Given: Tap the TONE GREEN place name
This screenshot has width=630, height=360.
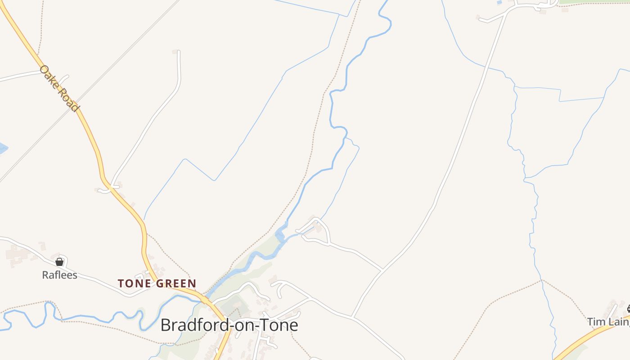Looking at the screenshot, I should pyautogui.click(x=157, y=283).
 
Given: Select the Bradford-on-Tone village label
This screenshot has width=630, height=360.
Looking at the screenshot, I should pyautogui.click(x=229, y=325).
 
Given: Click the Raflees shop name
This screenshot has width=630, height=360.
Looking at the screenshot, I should pyautogui.click(x=59, y=275).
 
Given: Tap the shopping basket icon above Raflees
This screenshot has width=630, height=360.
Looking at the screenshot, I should pyautogui.click(x=59, y=262).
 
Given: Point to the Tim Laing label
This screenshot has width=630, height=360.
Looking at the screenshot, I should pyautogui.click(x=608, y=322).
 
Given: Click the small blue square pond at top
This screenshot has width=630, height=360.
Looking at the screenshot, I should pyautogui.click(x=499, y=3).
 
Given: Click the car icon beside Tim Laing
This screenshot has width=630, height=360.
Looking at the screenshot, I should pyautogui.click(x=628, y=309).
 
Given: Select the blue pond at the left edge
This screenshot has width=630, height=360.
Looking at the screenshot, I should pyautogui.click(x=2, y=148).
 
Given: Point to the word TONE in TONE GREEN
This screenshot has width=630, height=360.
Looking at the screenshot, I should pyautogui.click(x=134, y=283).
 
